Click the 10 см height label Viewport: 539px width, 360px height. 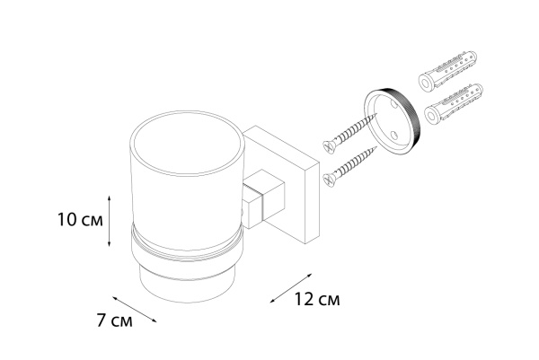tap(80, 220)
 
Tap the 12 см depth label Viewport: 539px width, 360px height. tap(316, 299)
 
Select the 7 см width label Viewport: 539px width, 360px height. tap(114, 321)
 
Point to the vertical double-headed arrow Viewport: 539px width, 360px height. tap(109, 221)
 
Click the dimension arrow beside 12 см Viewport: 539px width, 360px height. tap(291, 288)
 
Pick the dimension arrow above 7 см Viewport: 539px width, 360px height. tap(135, 309)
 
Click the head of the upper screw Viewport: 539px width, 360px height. tap(329, 146)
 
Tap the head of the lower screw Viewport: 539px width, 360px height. tap(329, 180)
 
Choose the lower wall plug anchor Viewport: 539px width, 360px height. tap(454, 104)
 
